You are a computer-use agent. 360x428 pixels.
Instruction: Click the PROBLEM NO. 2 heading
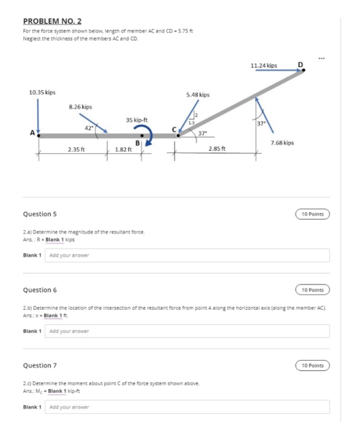point(52,21)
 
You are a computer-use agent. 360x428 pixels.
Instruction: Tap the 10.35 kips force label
point(42,92)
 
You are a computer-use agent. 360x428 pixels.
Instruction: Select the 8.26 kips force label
point(81,107)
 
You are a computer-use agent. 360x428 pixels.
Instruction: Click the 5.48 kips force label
point(198,95)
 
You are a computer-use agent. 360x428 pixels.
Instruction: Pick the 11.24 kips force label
point(264,65)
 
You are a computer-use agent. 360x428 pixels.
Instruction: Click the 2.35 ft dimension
point(77,149)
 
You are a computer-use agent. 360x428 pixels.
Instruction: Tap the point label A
point(32,133)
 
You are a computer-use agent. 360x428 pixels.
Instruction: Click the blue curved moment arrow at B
point(147,136)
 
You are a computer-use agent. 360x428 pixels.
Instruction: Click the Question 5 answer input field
point(188,255)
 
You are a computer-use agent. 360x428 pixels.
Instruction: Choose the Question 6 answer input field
point(188,331)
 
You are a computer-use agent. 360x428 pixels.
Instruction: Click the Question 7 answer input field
point(188,407)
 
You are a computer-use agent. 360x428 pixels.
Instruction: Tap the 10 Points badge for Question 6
point(312,290)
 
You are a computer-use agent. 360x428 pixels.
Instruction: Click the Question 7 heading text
point(40,365)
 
